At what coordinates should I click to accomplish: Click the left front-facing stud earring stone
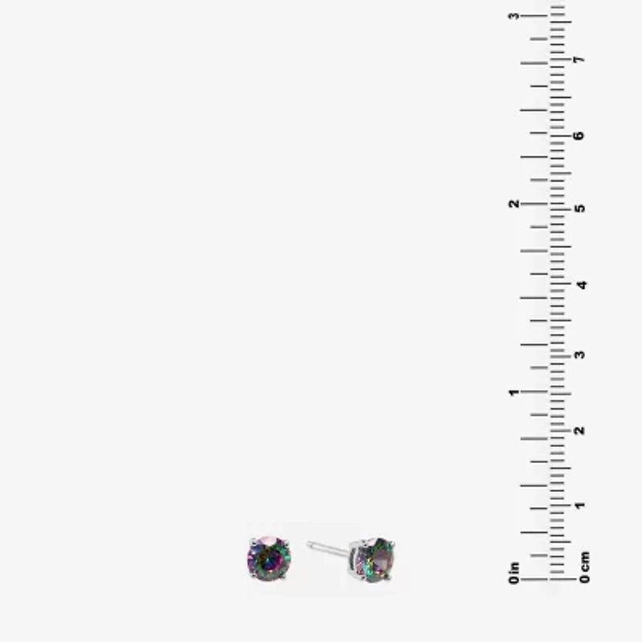point(269,558)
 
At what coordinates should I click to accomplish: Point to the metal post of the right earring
point(327,548)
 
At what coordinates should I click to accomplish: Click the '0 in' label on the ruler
point(514,572)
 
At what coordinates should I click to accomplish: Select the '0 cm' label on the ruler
point(585,567)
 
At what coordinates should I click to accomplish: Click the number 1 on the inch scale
point(514,392)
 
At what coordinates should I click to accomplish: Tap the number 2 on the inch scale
point(514,204)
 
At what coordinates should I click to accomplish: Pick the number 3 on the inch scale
point(514,16)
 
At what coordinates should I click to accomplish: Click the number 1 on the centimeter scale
point(579,506)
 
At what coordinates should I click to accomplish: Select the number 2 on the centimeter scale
point(579,430)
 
